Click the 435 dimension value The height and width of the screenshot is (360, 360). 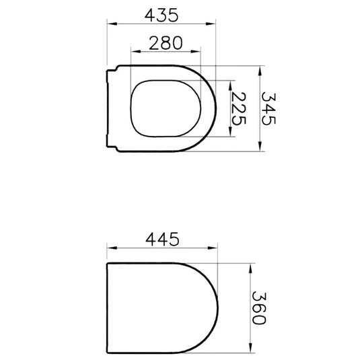click(161, 15)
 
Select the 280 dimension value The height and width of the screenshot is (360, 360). click(166, 43)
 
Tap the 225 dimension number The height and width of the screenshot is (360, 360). click(239, 109)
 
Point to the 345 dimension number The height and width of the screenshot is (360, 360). click(268, 109)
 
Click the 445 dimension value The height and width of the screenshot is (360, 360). click(162, 239)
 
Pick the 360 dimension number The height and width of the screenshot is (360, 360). click(259, 308)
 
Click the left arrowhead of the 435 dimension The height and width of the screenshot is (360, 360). click(112, 24)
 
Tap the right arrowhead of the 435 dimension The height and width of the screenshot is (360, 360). click(211, 24)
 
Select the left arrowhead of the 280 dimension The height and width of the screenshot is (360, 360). click(136, 51)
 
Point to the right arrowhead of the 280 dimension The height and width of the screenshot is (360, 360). click(196, 51)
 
